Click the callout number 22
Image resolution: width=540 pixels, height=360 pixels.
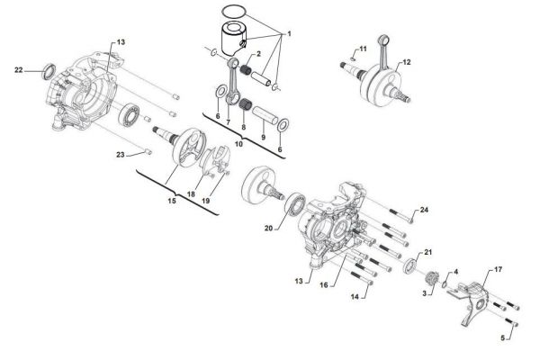tap(18, 70)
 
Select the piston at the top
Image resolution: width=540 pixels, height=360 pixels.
tap(234, 40)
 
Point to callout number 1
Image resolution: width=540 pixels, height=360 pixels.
tap(289, 34)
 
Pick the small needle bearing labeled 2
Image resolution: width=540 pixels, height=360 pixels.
tap(245, 69)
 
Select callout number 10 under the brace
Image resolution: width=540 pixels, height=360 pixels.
tap(238, 144)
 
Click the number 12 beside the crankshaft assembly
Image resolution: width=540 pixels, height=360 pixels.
tap(407, 62)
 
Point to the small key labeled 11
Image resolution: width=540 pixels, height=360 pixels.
tap(352, 58)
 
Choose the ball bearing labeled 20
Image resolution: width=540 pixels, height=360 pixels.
tap(295, 205)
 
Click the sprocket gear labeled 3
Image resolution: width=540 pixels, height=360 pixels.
tap(431, 279)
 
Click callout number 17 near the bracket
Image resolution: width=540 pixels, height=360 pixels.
tap(498, 269)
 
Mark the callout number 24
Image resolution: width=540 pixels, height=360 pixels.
tap(424, 210)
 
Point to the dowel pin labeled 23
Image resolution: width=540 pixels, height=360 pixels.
tap(148, 151)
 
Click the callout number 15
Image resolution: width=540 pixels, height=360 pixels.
tap(172, 200)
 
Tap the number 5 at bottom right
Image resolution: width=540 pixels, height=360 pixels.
tap(502, 338)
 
